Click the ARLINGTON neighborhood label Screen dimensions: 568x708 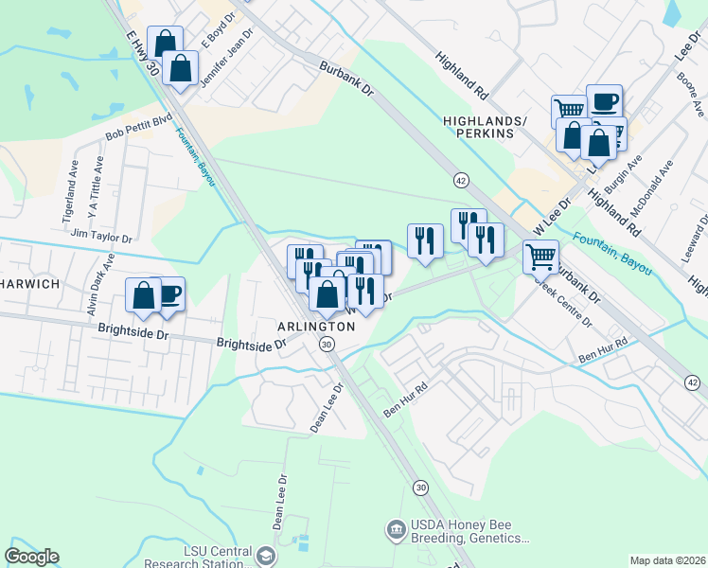[x=316, y=326]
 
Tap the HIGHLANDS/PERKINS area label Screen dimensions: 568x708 [x=477, y=127]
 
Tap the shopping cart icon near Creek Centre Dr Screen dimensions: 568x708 [x=540, y=255]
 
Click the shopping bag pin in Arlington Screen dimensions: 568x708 [x=327, y=293]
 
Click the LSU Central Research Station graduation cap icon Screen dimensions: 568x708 [x=266, y=555]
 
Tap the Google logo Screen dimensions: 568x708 [x=31, y=557]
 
